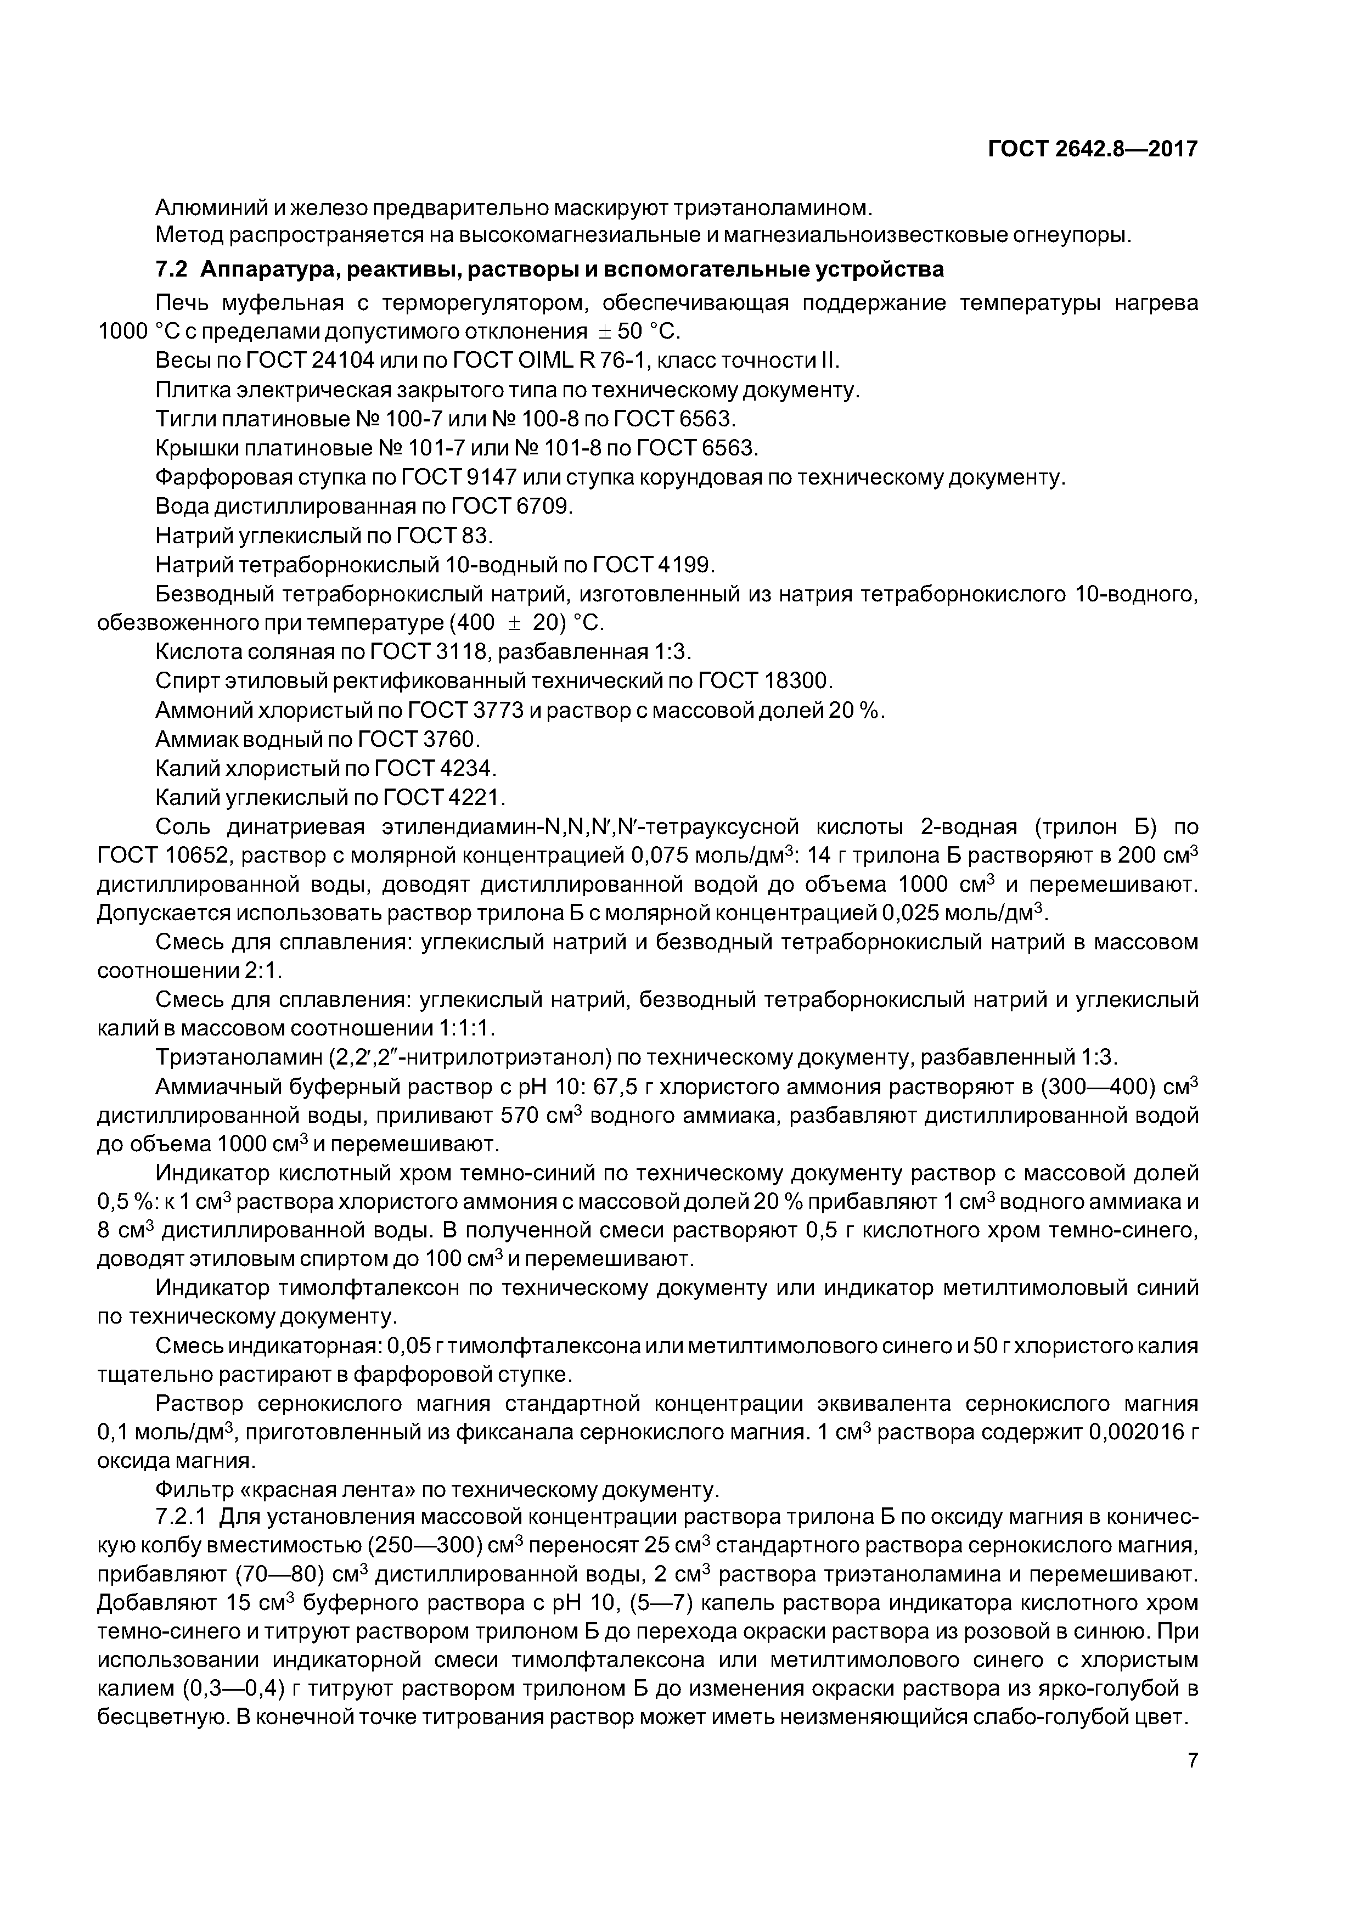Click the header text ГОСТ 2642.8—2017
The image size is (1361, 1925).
[1092, 149]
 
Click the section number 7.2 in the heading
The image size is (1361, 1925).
[172, 270]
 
